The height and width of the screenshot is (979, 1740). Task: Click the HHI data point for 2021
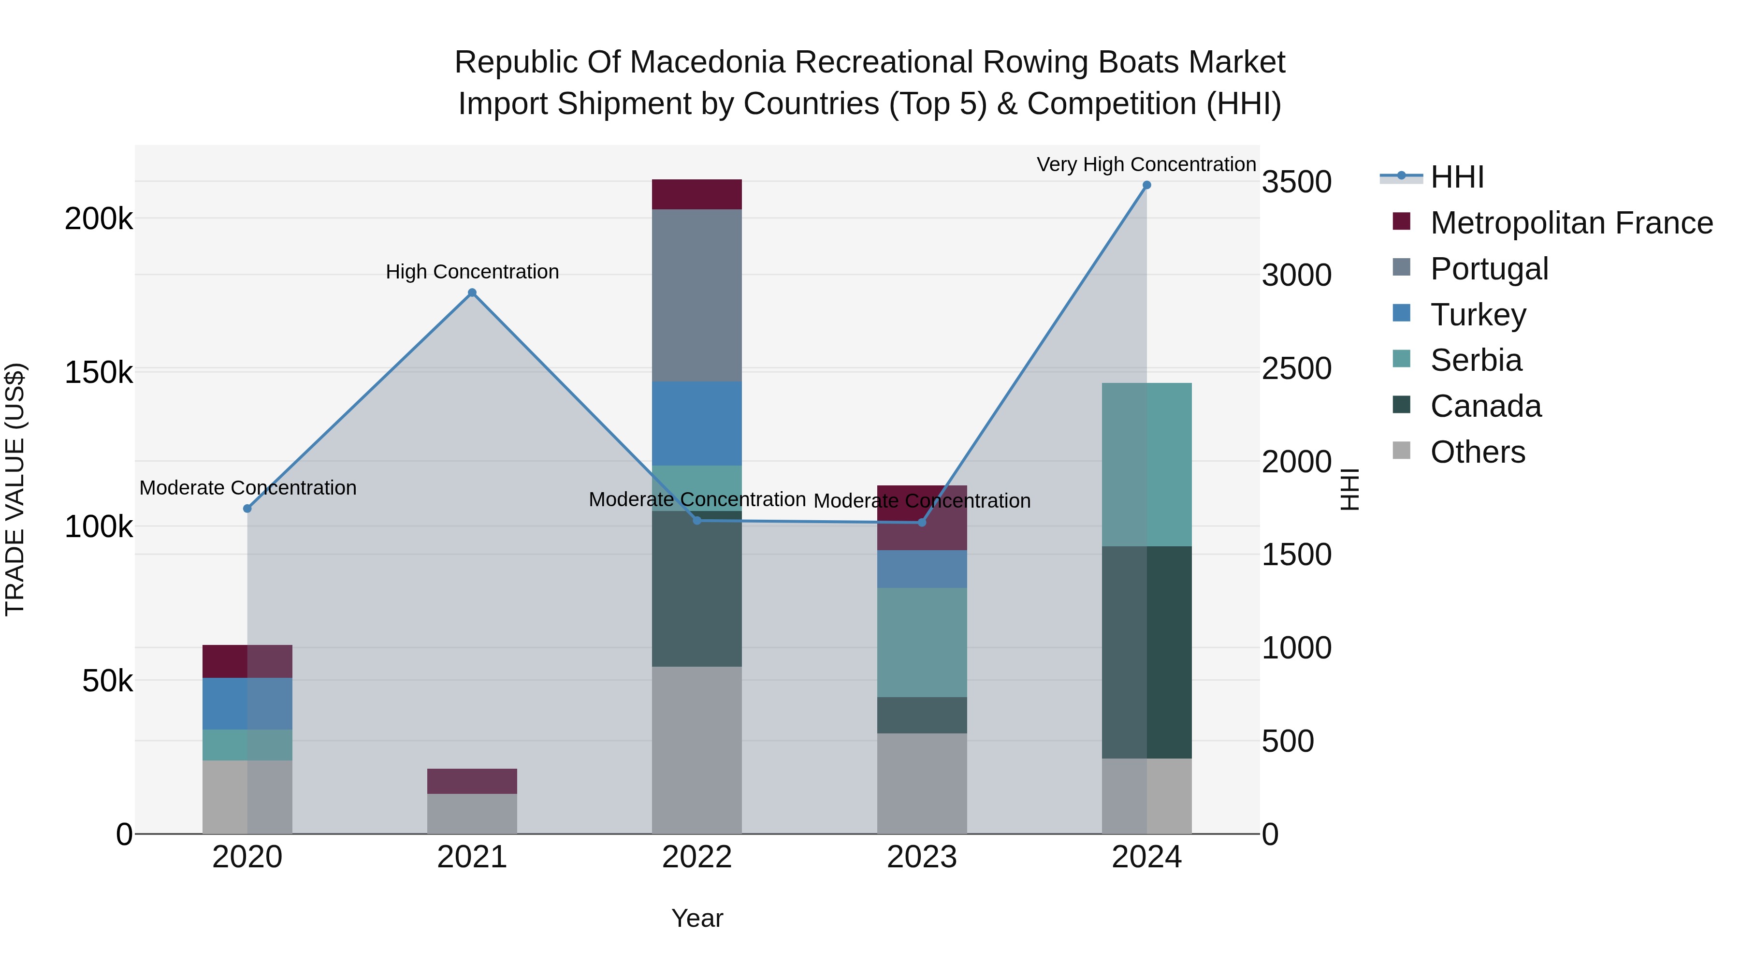pyautogui.click(x=472, y=292)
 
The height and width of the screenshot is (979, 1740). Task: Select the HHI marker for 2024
pyautogui.click(x=1146, y=185)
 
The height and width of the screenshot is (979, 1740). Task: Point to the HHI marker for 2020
pyautogui.click(x=247, y=508)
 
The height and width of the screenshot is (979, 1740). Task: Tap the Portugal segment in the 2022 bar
pyautogui.click(x=696, y=295)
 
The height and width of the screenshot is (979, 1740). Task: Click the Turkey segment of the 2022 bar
pyautogui.click(x=696, y=424)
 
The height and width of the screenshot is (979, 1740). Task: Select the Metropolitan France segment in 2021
pyautogui.click(x=472, y=781)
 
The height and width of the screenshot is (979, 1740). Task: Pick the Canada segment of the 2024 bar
pyautogui.click(x=1146, y=652)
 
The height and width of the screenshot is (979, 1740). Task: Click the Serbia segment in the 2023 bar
pyautogui.click(x=921, y=642)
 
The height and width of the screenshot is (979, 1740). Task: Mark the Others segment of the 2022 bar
pyautogui.click(x=696, y=750)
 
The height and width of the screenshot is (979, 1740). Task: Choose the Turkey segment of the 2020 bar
pyautogui.click(x=247, y=703)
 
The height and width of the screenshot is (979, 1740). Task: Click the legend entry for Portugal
pyautogui.click(x=1489, y=269)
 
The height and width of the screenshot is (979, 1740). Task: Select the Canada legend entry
pyautogui.click(x=1485, y=407)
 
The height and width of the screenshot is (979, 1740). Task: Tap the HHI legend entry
pyautogui.click(x=1457, y=177)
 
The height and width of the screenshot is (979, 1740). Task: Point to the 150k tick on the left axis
pyautogui.click(x=99, y=372)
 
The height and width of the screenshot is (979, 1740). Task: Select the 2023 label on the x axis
pyautogui.click(x=921, y=857)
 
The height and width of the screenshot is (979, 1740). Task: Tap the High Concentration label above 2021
pyautogui.click(x=472, y=272)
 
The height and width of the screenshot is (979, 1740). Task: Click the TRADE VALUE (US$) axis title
pyautogui.click(x=15, y=489)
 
